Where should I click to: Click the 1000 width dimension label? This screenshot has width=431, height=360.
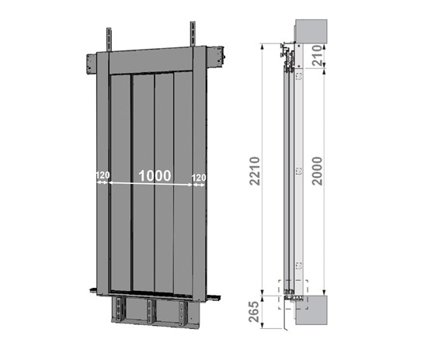click(155, 175)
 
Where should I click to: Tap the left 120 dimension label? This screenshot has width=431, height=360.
click(103, 175)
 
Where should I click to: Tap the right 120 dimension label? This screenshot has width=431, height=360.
click(199, 178)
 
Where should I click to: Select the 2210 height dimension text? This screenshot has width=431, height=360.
click(255, 171)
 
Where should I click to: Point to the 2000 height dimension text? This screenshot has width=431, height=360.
click(317, 171)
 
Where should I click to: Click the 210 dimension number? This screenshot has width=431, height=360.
click(317, 55)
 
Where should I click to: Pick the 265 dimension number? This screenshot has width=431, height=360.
click(254, 312)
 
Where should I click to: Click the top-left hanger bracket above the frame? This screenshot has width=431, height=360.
click(109, 40)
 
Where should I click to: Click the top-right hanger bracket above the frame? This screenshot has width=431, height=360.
click(193, 34)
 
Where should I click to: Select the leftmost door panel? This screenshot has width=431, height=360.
click(120, 183)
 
